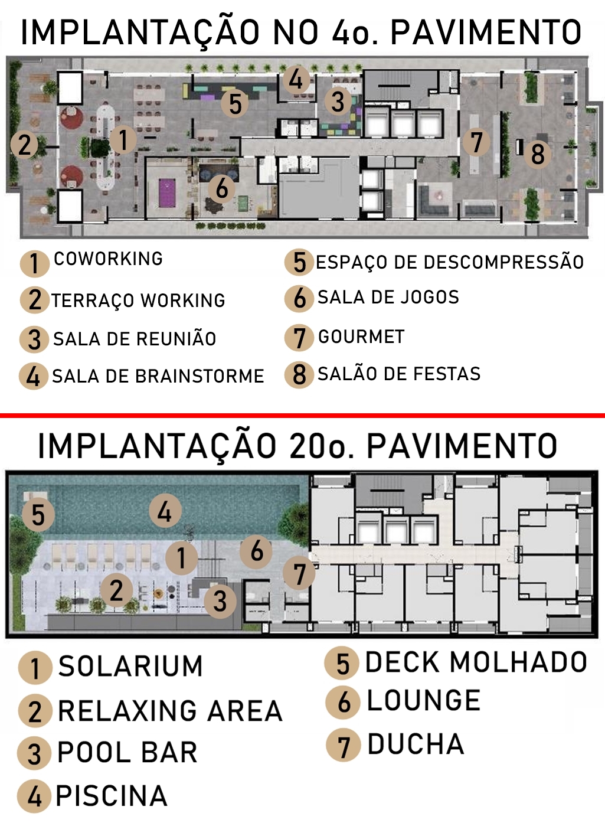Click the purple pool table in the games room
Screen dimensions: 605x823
pos(167,193)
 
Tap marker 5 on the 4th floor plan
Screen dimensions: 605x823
pos(235,103)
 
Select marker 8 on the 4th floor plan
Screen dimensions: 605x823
pos(537,154)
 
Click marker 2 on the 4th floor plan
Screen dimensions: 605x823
pos(24,145)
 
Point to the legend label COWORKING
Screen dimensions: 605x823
pos(108,259)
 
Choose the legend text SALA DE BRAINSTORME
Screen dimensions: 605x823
pos(158,376)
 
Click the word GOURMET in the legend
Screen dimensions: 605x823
pos(361,337)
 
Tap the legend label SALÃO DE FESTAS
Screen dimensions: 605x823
pos(399,374)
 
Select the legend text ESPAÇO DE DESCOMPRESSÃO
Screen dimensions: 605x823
pos(450,262)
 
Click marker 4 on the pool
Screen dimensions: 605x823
pos(165,511)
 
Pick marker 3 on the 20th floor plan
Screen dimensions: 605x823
pos(220,602)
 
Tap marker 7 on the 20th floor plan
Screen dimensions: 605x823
pos(299,574)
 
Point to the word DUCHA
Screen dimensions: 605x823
pos(416,744)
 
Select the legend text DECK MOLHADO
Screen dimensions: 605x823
pos(476,662)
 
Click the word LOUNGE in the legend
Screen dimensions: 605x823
pos(424,700)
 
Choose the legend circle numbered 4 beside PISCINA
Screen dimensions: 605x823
pos(34,797)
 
